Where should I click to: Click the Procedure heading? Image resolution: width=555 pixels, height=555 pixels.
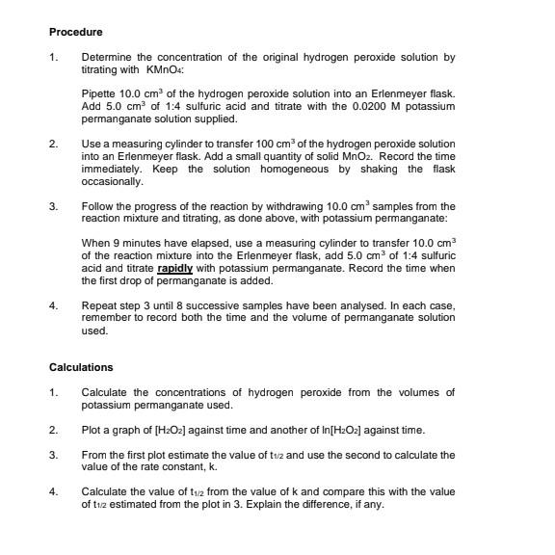click(75, 32)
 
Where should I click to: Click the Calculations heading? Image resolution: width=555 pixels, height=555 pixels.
click(81, 367)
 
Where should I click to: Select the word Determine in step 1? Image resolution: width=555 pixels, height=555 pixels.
click(106, 58)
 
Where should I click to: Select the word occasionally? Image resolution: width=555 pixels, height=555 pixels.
click(113, 181)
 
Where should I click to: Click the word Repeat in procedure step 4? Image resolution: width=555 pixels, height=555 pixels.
click(100, 305)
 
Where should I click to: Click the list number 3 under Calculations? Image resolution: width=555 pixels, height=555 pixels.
click(53, 455)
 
